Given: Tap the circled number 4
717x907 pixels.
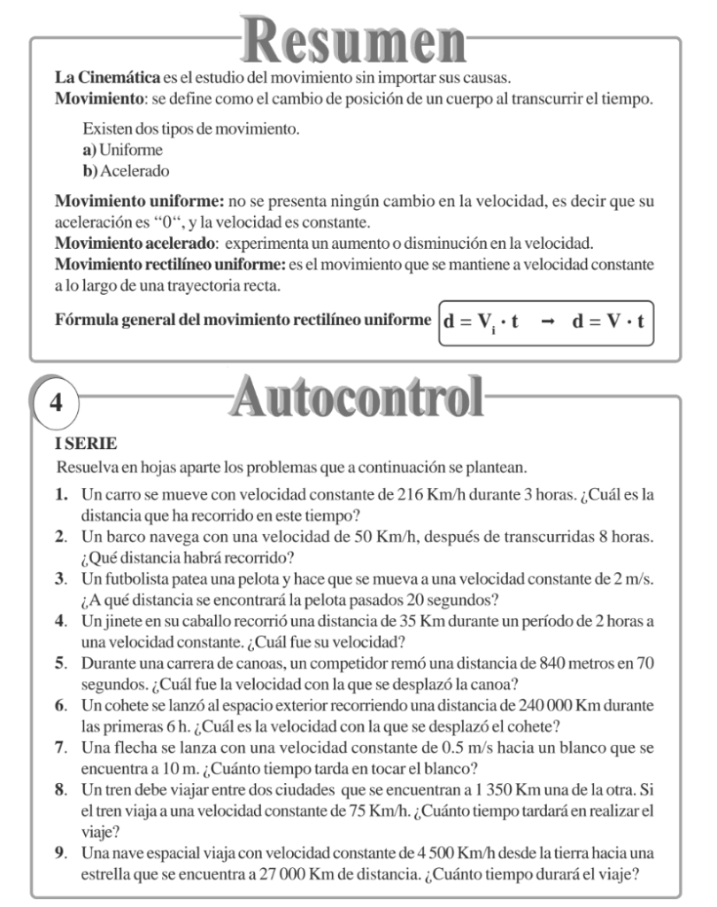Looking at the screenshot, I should pyautogui.click(x=56, y=403).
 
